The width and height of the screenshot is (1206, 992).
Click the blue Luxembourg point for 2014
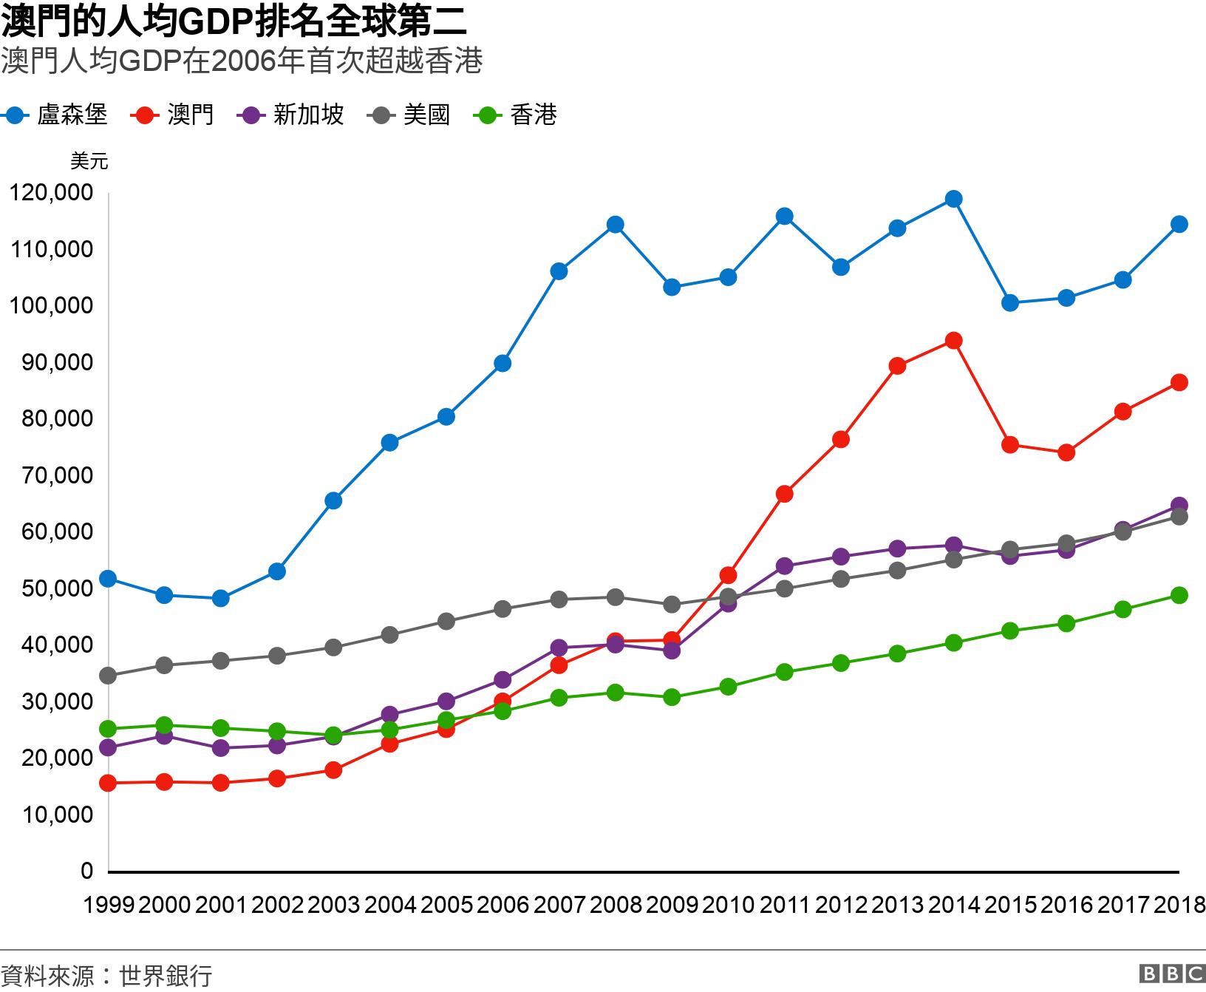953,199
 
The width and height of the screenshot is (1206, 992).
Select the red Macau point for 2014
953,341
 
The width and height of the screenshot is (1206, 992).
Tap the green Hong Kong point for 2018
1179,595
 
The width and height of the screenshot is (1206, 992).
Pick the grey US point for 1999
108,676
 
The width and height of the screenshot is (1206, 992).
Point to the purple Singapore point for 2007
559,648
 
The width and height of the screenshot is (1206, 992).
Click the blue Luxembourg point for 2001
220,599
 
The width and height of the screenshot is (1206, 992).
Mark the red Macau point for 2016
1066,452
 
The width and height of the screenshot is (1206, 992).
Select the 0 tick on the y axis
87,871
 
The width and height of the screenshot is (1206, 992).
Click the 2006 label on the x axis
502,905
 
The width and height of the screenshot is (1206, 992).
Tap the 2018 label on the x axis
1179,905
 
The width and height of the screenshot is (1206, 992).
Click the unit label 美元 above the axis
89,161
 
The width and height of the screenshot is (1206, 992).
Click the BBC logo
1172,974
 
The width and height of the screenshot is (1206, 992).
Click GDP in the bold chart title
216,22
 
